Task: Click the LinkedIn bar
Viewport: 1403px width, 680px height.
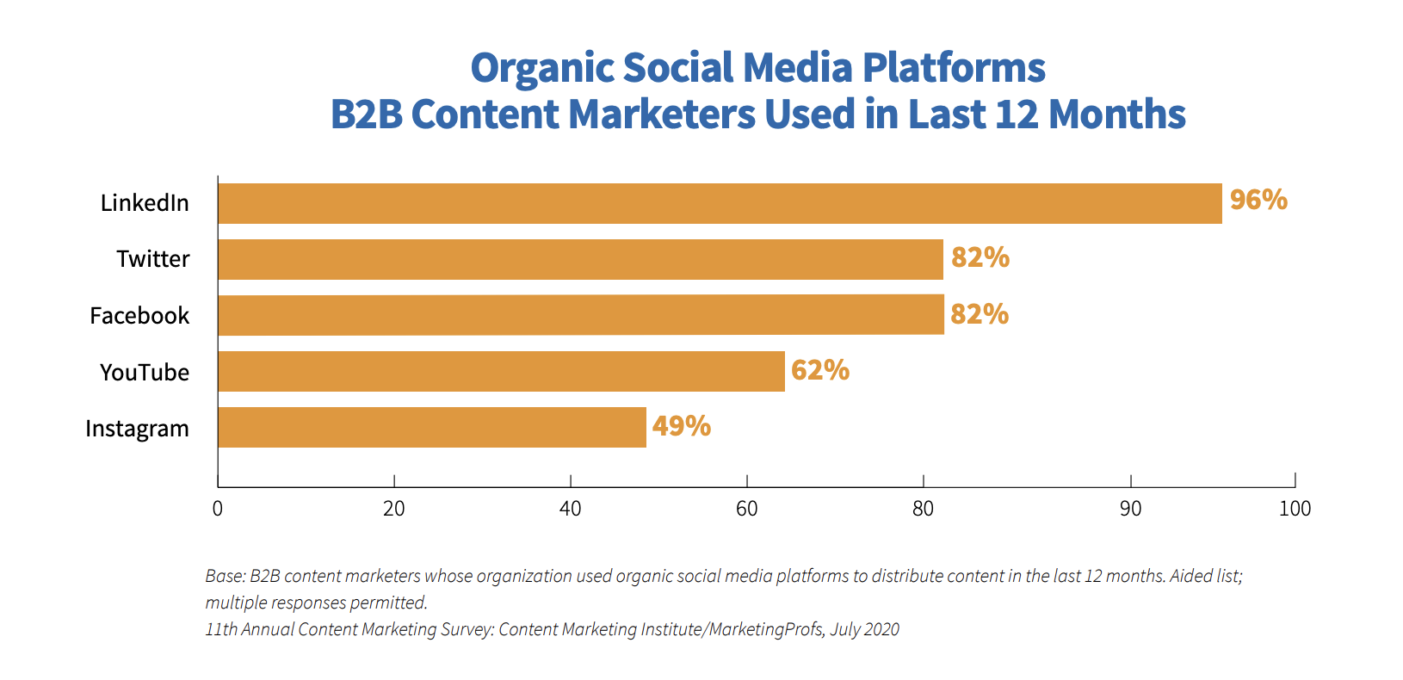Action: click(x=720, y=203)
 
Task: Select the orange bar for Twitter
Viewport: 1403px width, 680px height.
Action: click(x=580, y=259)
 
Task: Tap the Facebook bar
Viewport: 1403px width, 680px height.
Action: click(x=580, y=315)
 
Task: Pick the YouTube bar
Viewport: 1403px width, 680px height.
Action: click(x=501, y=371)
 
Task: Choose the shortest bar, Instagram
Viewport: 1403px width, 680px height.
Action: click(x=431, y=427)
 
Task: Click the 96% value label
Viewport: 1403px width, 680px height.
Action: click(x=1258, y=200)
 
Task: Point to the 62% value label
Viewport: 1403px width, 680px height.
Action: click(x=820, y=370)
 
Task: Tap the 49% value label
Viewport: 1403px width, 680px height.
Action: click(x=681, y=426)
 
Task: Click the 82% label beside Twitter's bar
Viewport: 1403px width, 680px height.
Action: click(x=980, y=257)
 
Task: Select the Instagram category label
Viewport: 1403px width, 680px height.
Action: click(x=137, y=429)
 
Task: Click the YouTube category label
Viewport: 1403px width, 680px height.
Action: click(x=144, y=372)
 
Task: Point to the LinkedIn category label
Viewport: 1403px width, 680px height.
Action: click(x=144, y=203)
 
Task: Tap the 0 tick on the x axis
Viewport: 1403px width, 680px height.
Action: click(x=218, y=509)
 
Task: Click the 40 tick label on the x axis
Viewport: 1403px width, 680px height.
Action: click(x=570, y=509)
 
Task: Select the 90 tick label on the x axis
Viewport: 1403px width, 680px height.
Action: click(x=1130, y=509)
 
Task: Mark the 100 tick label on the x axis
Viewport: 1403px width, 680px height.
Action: click(x=1295, y=509)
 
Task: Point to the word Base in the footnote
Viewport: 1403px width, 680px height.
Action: click(x=224, y=576)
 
